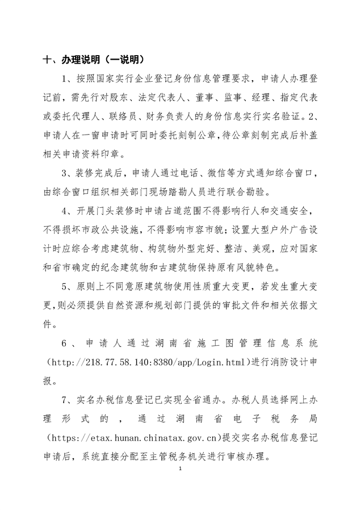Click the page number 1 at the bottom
179,469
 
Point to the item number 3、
70,173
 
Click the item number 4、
70,211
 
